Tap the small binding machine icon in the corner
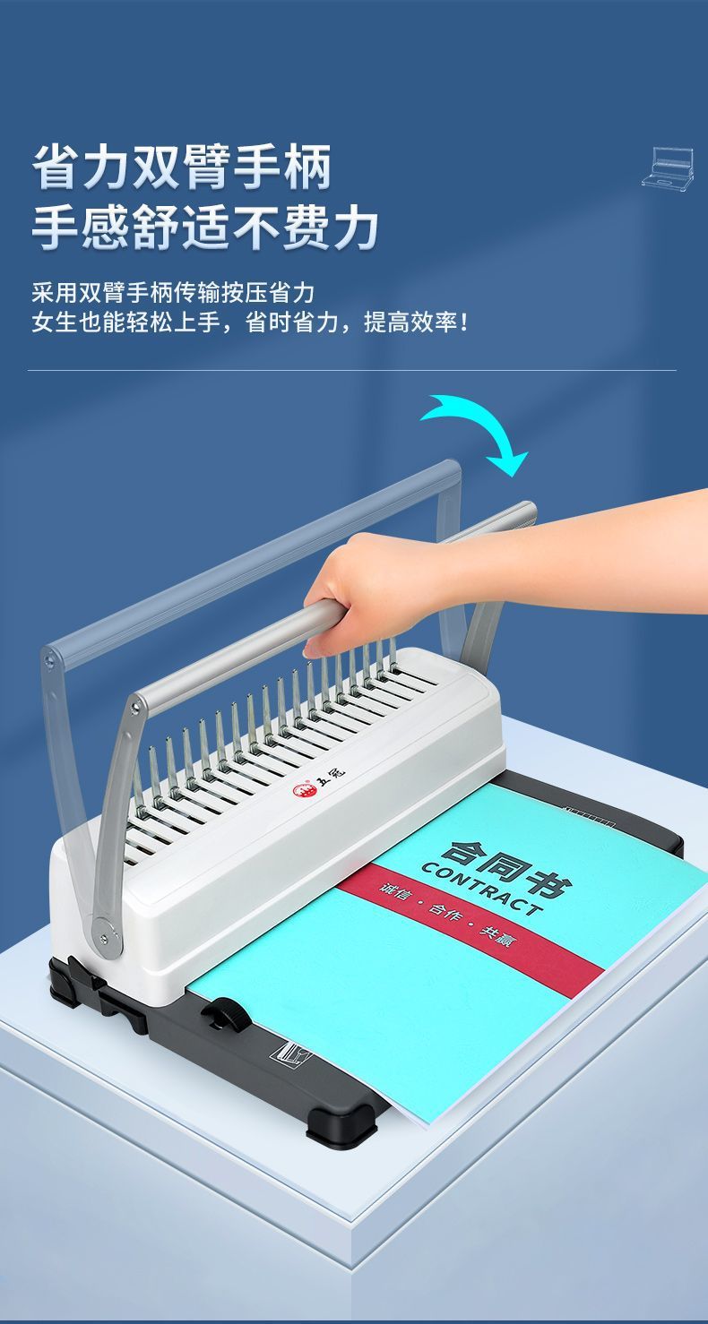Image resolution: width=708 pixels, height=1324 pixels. point(668,168)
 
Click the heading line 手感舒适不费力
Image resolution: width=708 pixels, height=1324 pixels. point(205,227)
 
